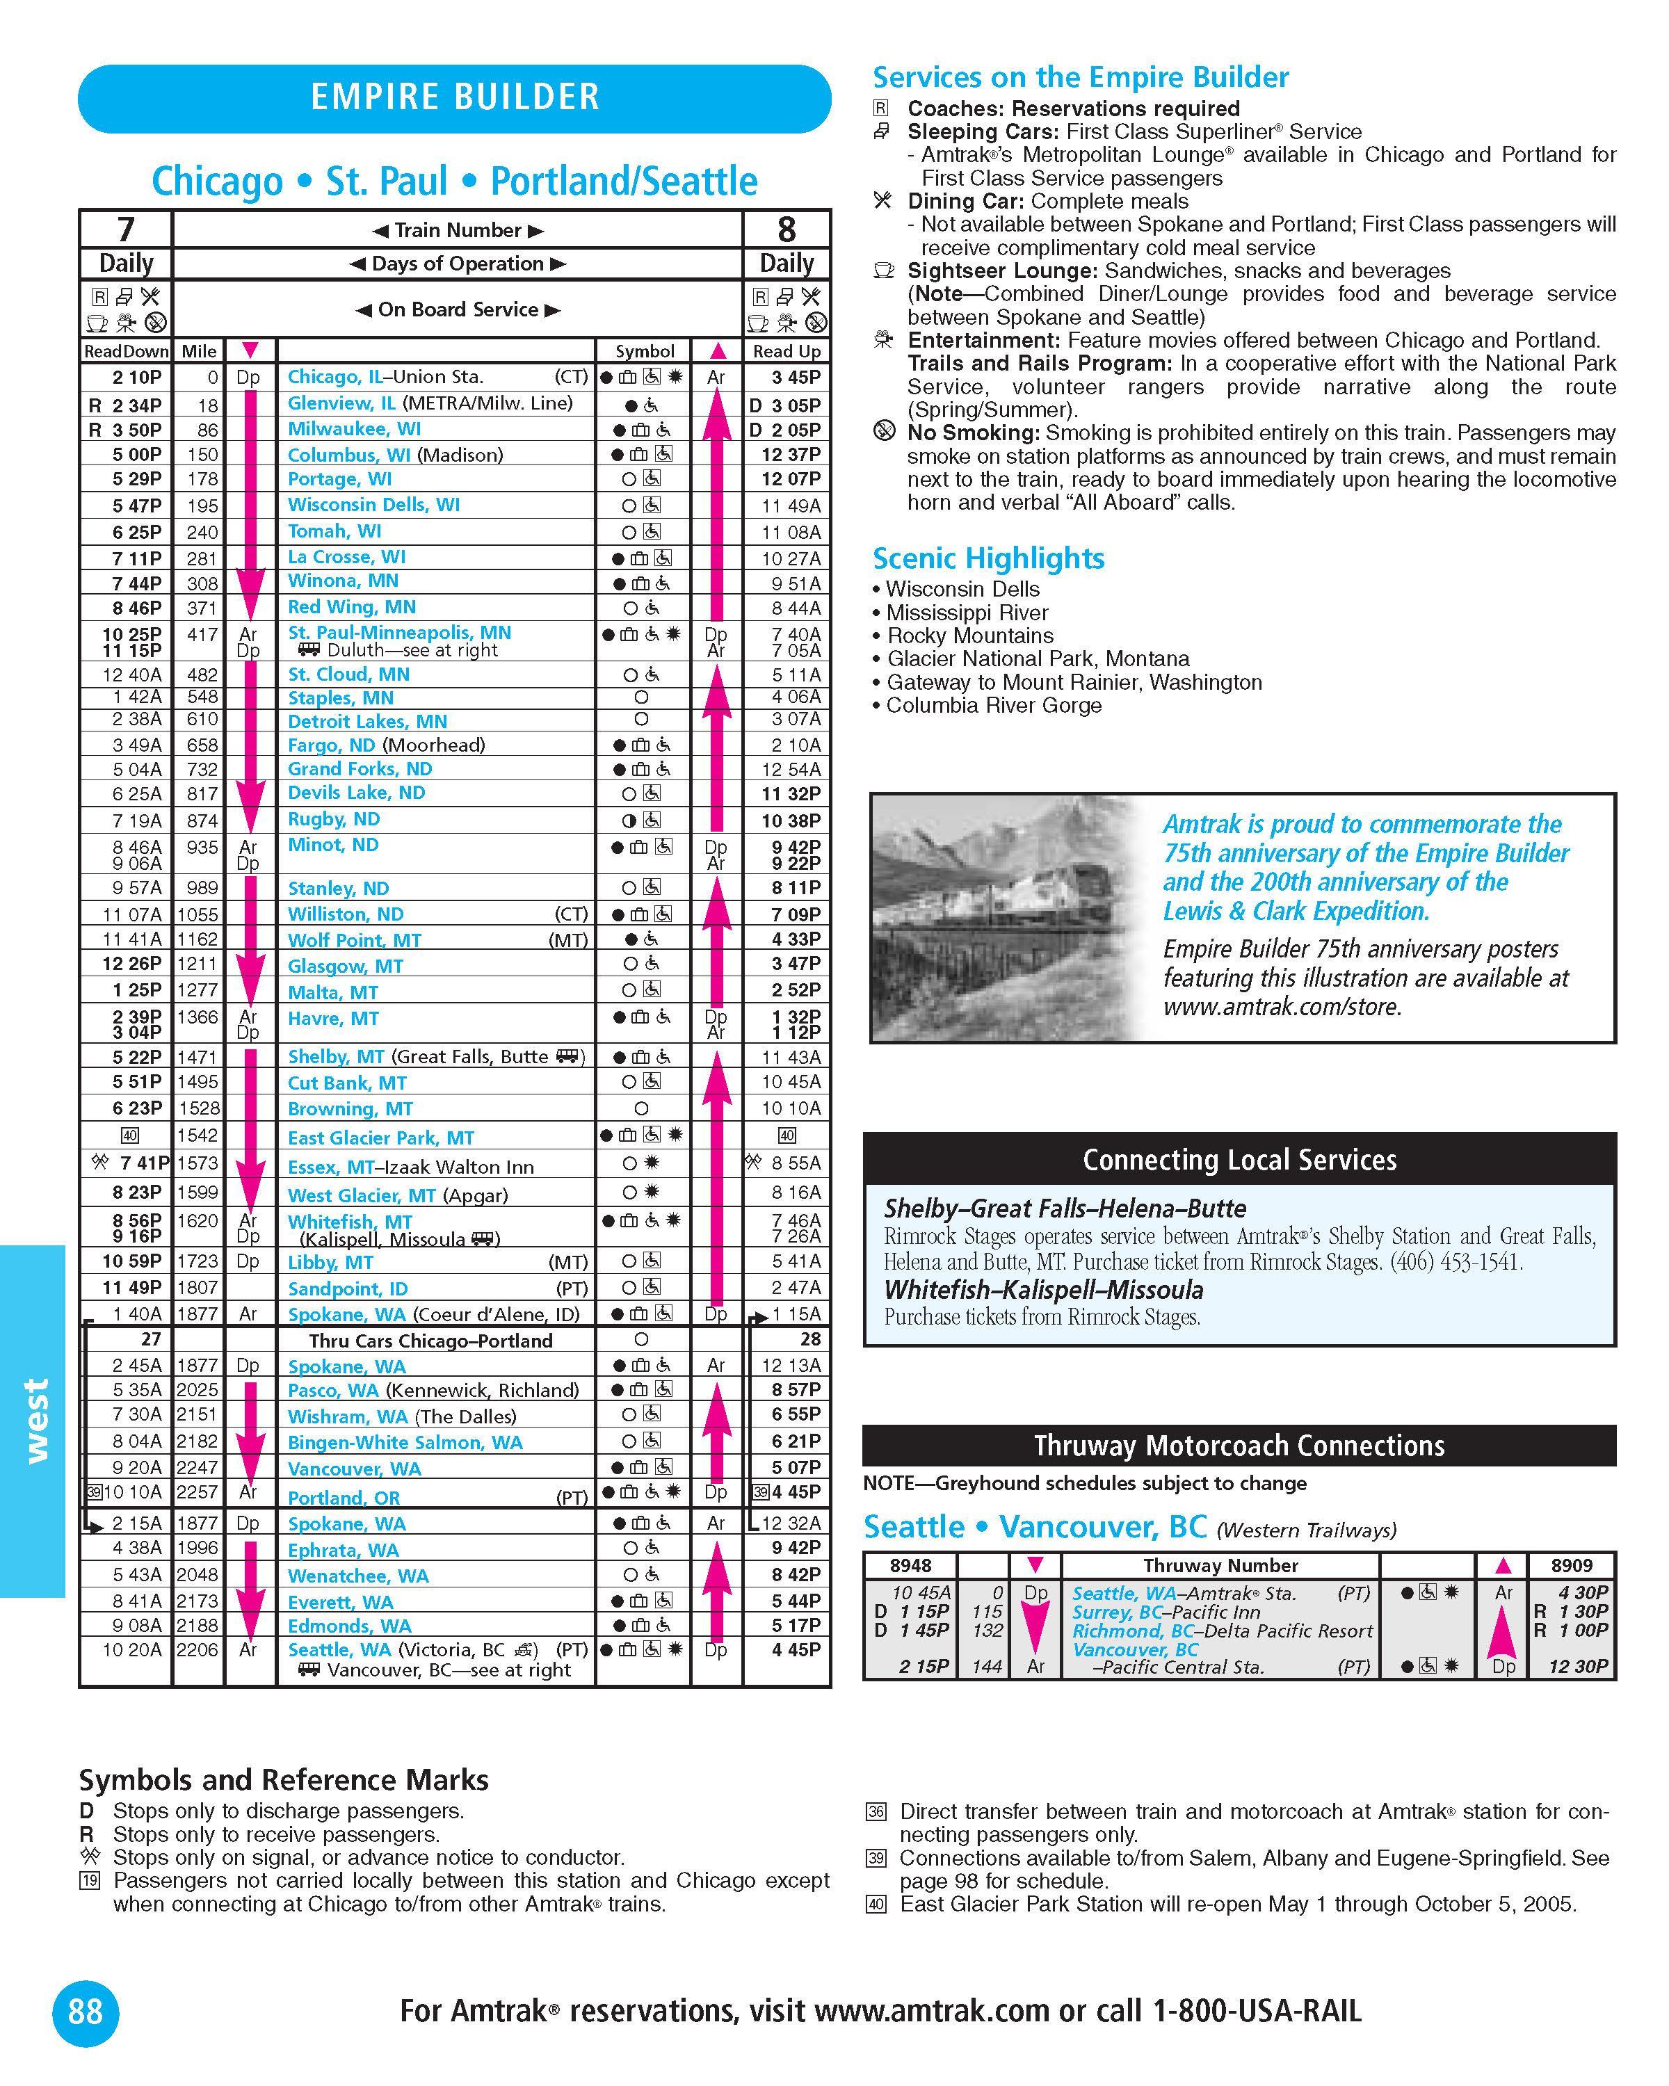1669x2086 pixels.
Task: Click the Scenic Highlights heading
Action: [x=988, y=558]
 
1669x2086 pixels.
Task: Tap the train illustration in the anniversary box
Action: [x=1006, y=917]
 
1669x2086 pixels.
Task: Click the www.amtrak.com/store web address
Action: [x=1282, y=1006]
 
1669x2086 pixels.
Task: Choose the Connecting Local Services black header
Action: [x=1239, y=1159]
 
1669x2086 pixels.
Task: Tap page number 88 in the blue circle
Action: [x=85, y=2012]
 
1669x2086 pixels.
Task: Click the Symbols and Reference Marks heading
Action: [x=284, y=1780]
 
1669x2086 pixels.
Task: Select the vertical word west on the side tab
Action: [x=35, y=1408]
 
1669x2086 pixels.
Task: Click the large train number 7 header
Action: [x=126, y=229]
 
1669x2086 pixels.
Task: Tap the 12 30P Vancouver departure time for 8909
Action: [x=1577, y=1666]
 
